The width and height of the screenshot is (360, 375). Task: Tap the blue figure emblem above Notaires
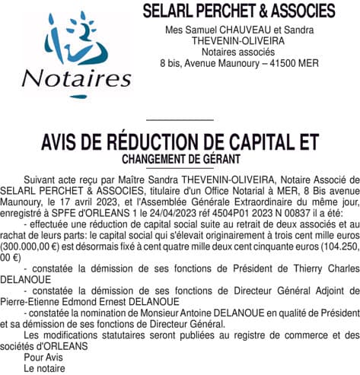click(72, 42)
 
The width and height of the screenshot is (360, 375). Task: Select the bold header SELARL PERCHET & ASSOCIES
click(239, 11)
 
